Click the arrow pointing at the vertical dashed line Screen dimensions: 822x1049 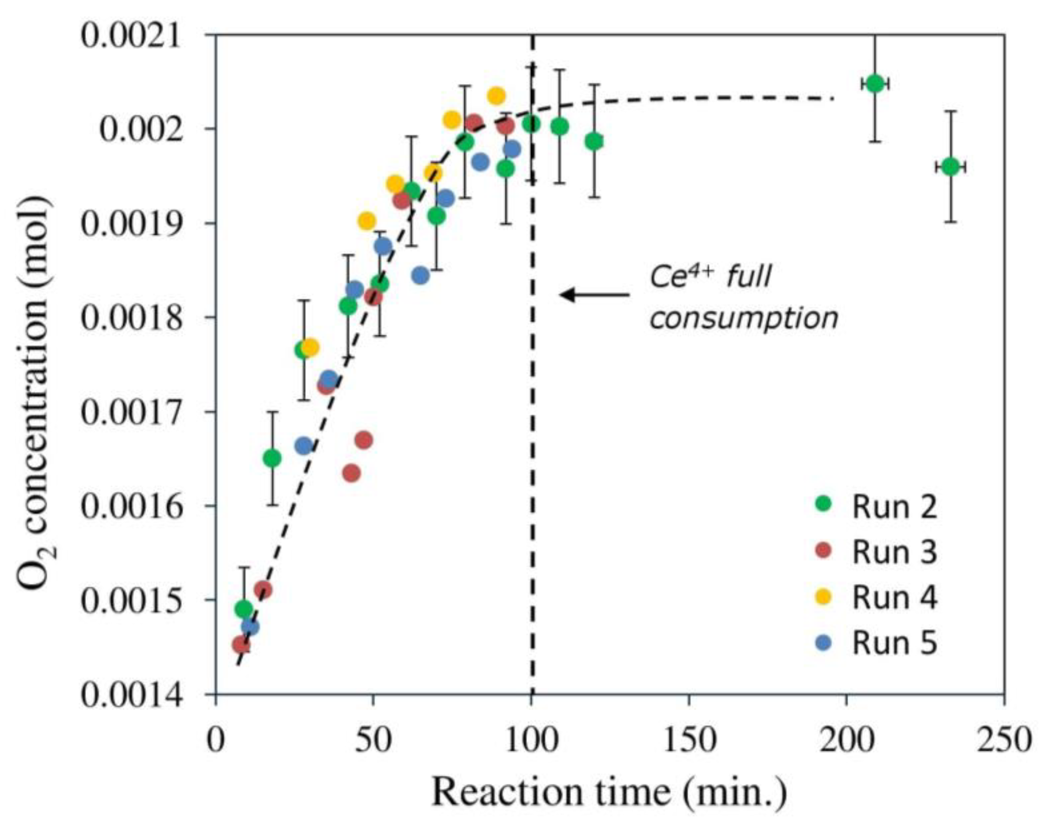[x=594, y=295]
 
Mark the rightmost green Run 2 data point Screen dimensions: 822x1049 [x=951, y=167]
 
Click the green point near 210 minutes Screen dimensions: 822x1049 [x=875, y=84]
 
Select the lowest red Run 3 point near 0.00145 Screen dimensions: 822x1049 [x=241, y=644]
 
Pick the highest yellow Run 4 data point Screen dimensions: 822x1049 [x=496, y=96]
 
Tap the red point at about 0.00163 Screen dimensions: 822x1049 [x=352, y=474]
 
